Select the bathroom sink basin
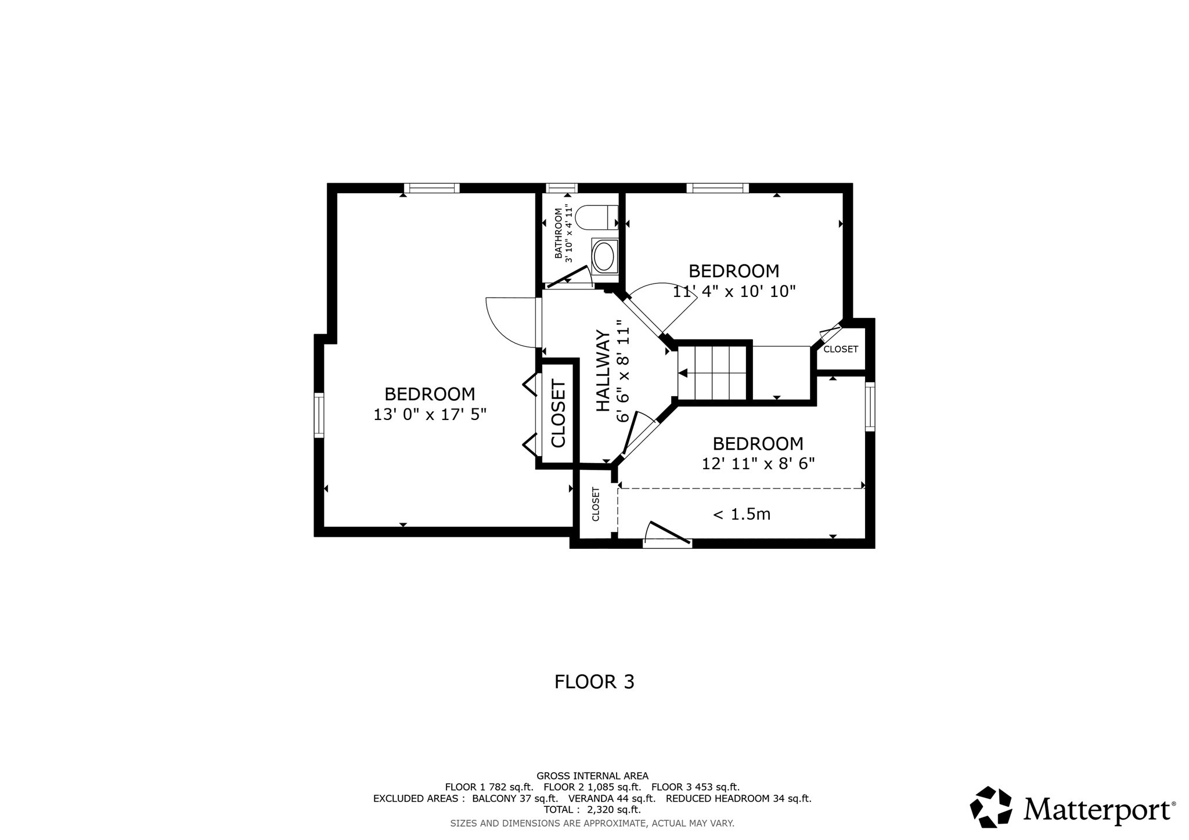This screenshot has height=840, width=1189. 604,257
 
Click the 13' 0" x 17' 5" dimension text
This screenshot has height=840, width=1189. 430,415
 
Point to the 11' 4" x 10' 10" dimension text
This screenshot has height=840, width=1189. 734,291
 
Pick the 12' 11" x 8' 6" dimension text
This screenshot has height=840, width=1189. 758,464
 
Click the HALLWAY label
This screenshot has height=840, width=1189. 604,371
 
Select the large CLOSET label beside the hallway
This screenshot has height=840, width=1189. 558,413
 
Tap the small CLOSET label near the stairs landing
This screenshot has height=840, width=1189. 840,349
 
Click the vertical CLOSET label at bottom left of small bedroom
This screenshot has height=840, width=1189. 595,504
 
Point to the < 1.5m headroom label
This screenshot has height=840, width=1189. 741,515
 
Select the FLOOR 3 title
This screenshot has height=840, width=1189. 594,682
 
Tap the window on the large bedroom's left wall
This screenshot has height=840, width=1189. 319,415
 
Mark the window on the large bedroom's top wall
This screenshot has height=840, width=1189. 431,188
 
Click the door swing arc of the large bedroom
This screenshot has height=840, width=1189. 505,325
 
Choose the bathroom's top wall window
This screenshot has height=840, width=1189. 561,188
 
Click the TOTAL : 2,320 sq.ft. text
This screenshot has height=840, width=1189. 592,810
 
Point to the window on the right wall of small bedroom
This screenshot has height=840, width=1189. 870,406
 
